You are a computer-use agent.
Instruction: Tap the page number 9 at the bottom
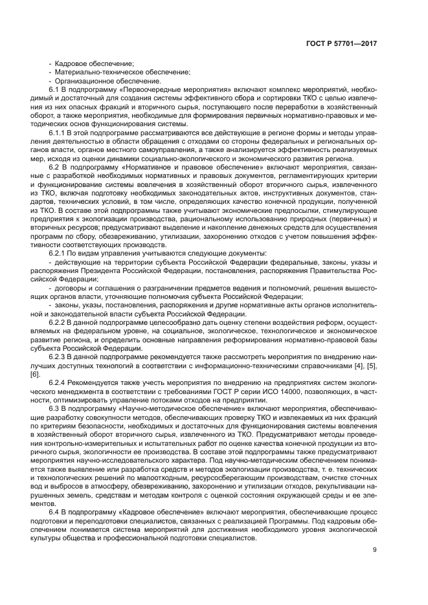375,551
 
